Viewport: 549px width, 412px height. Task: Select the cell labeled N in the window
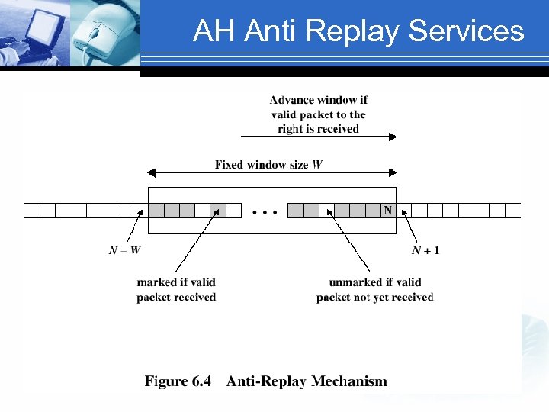click(x=387, y=210)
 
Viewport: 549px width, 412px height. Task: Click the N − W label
click(x=124, y=250)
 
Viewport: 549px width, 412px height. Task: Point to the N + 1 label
click(x=425, y=250)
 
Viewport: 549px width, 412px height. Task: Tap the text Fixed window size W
click(x=268, y=164)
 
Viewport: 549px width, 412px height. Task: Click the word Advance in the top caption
click(x=294, y=100)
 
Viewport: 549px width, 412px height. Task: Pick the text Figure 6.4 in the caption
click(x=178, y=381)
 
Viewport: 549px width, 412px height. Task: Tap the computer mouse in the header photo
click(x=100, y=31)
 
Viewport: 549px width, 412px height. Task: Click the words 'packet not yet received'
click(x=374, y=297)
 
